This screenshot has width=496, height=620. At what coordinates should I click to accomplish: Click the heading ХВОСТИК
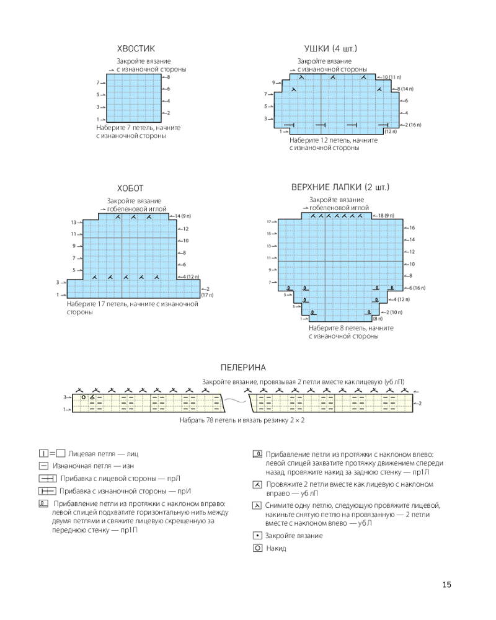point(136,48)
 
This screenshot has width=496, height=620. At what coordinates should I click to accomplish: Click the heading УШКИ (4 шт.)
point(330,48)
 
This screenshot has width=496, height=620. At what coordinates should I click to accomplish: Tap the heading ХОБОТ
point(130,188)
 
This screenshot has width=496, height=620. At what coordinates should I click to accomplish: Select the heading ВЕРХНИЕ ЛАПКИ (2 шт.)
point(340,187)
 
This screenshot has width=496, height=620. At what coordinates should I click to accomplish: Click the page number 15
point(447,585)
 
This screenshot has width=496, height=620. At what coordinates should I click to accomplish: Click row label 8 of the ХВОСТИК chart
point(168,77)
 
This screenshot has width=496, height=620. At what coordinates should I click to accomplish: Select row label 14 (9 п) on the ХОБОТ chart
point(184,216)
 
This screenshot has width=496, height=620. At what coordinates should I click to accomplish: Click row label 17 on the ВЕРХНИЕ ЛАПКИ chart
point(270,222)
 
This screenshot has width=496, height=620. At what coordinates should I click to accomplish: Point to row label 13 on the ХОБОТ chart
point(73,223)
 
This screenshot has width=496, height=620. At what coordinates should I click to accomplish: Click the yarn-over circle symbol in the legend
point(257,549)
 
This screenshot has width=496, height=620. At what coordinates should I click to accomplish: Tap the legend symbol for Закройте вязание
point(257,535)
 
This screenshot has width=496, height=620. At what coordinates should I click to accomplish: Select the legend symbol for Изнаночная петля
point(43,465)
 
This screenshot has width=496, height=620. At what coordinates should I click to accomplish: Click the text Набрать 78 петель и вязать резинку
point(242,420)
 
